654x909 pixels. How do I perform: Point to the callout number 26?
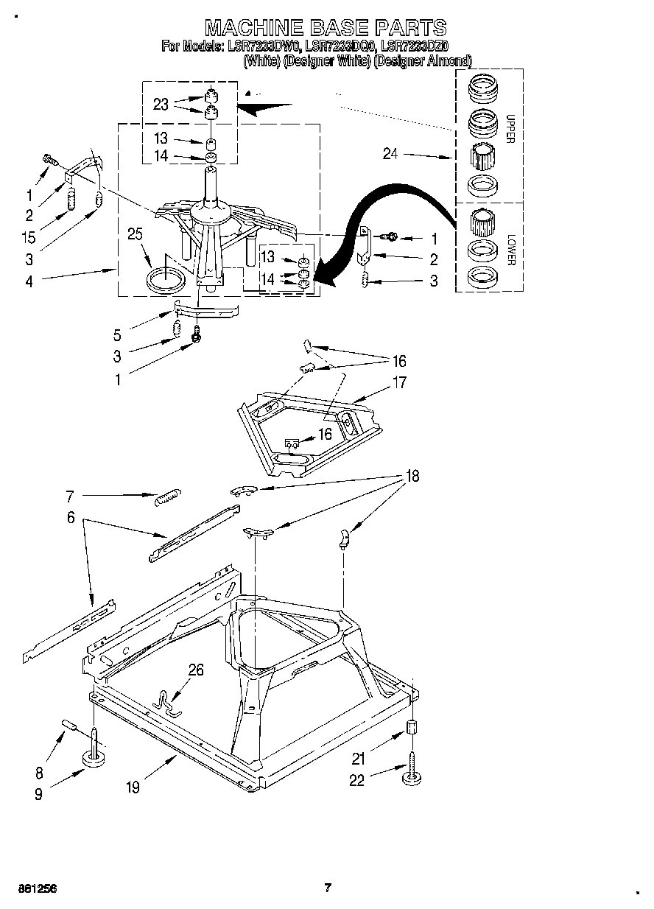click(x=196, y=670)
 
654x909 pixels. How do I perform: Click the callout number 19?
click(x=133, y=787)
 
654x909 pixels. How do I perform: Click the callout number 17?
click(x=399, y=382)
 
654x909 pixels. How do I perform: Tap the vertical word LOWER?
click(x=510, y=250)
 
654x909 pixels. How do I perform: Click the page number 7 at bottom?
click(x=328, y=888)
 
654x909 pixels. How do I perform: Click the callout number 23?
click(x=161, y=105)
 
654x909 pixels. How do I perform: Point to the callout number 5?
click(x=117, y=334)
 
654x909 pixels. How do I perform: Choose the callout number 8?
click(x=39, y=773)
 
